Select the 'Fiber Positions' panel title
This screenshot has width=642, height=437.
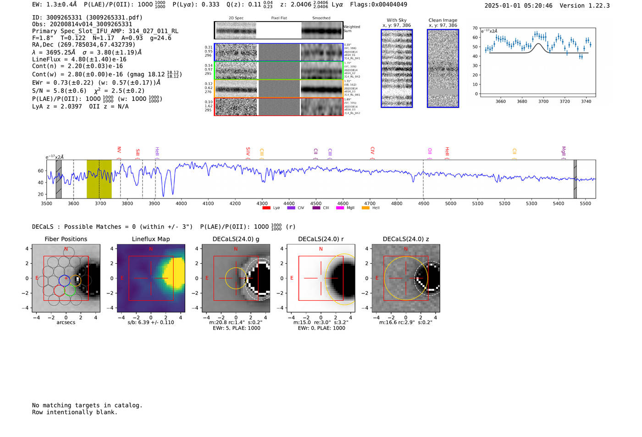(x=66, y=239)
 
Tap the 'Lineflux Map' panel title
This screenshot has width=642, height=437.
(x=151, y=239)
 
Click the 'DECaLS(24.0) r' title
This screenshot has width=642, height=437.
(x=321, y=239)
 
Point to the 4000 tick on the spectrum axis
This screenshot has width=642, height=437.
(x=181, y=203)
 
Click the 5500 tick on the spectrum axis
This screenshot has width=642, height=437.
(x=586, y=203)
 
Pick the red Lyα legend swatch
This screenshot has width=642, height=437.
(x=266, y=208)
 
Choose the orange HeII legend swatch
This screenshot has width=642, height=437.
(x=365, y=208)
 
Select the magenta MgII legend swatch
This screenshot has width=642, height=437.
(x=340, y=208)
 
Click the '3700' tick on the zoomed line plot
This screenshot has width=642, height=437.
(x=543, y=101)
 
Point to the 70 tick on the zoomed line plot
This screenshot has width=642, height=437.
(x=475, y=28)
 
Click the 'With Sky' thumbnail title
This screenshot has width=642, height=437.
(x=397, y=20)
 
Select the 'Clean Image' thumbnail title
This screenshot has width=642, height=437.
(x=443, y=20)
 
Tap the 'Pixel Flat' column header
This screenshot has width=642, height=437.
(x=279, y=18)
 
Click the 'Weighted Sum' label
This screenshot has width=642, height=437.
(x=352, y=29)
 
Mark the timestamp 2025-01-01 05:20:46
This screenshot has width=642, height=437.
(x=518, y=6)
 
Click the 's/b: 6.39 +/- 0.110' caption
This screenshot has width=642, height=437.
(x=151, y=322)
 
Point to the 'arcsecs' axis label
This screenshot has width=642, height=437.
(x=66, y=322)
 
